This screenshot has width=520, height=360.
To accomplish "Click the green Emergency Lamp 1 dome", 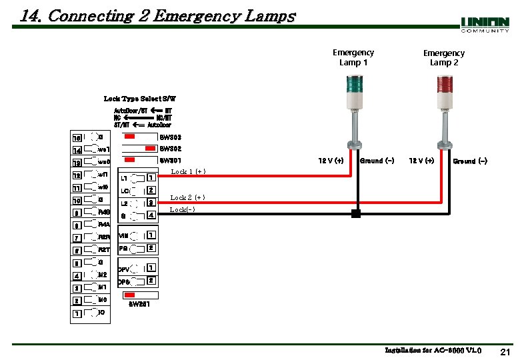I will click(353, 83).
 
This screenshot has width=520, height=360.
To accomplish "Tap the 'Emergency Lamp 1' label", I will click(353, 57).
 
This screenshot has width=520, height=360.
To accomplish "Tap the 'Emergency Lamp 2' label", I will click(443, 58).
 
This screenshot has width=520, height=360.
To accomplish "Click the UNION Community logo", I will click(485, 25).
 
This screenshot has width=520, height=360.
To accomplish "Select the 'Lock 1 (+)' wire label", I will click(188, 172).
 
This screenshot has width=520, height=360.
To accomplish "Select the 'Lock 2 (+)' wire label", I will click(188, 197).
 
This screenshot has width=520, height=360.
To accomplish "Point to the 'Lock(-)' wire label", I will click(183, 210).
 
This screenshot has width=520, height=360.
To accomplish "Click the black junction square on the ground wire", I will click(356, 214).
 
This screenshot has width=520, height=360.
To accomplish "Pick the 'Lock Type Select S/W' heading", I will click(140, 99).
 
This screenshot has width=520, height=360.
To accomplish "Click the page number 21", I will click(504, 351).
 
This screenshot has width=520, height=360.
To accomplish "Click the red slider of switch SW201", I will click(131, 295).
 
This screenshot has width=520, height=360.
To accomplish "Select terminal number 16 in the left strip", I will click(77, 137).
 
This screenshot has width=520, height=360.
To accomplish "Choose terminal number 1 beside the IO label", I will click(77, 313).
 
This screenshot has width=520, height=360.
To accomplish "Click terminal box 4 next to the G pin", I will click(151, 215).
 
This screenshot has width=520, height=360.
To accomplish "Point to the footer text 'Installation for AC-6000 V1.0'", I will click(433, 351).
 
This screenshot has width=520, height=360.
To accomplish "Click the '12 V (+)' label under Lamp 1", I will click(331, 161).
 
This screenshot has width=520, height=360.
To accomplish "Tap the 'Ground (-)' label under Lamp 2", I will click(470, 161).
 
